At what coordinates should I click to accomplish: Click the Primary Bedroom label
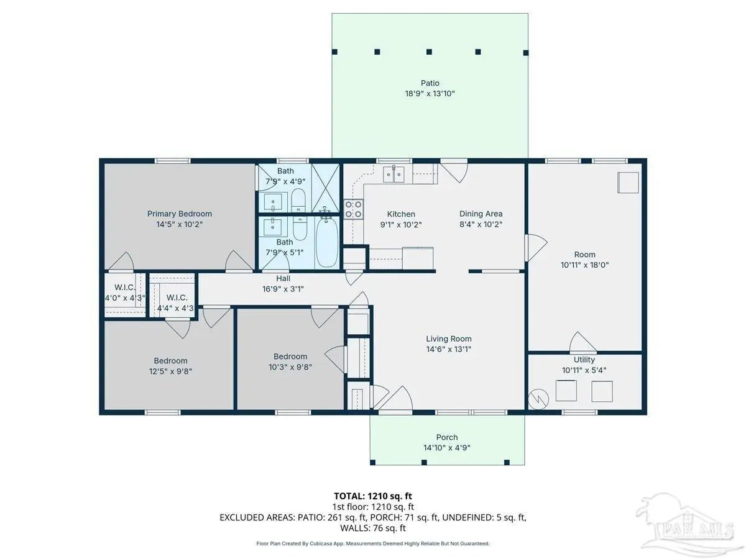point(180,214)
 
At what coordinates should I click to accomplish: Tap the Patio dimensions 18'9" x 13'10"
point(430,94)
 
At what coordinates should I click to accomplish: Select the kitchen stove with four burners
point(353,209)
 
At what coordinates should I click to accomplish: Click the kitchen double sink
point(394,175)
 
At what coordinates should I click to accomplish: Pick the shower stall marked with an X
point(326,188)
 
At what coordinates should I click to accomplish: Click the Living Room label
point(449,339)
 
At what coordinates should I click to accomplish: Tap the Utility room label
point(584,360)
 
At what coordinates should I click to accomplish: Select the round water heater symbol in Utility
point(539,399)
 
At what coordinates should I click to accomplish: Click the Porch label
point(447,437)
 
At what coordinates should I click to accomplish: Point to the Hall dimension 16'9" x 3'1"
point(283,289)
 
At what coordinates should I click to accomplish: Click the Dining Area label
point(481,214)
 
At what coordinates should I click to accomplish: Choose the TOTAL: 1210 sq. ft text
point(373,496)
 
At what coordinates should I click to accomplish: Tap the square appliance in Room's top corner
point(628,183)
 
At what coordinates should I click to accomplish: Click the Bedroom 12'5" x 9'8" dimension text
point(170,371)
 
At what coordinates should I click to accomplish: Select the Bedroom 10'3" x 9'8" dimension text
point(290,367)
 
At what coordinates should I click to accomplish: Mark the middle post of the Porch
point(424,462)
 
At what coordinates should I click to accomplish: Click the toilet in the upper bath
point(298,199)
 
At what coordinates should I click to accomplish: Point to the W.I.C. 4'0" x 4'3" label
point(125,293)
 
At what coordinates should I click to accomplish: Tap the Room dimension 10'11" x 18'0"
point(584,265)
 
